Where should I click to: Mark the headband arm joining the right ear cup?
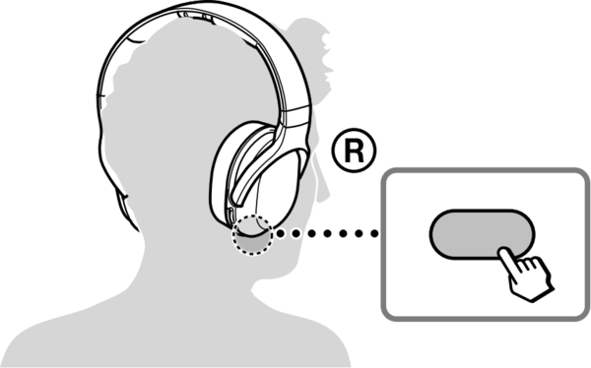click(291, 108)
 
